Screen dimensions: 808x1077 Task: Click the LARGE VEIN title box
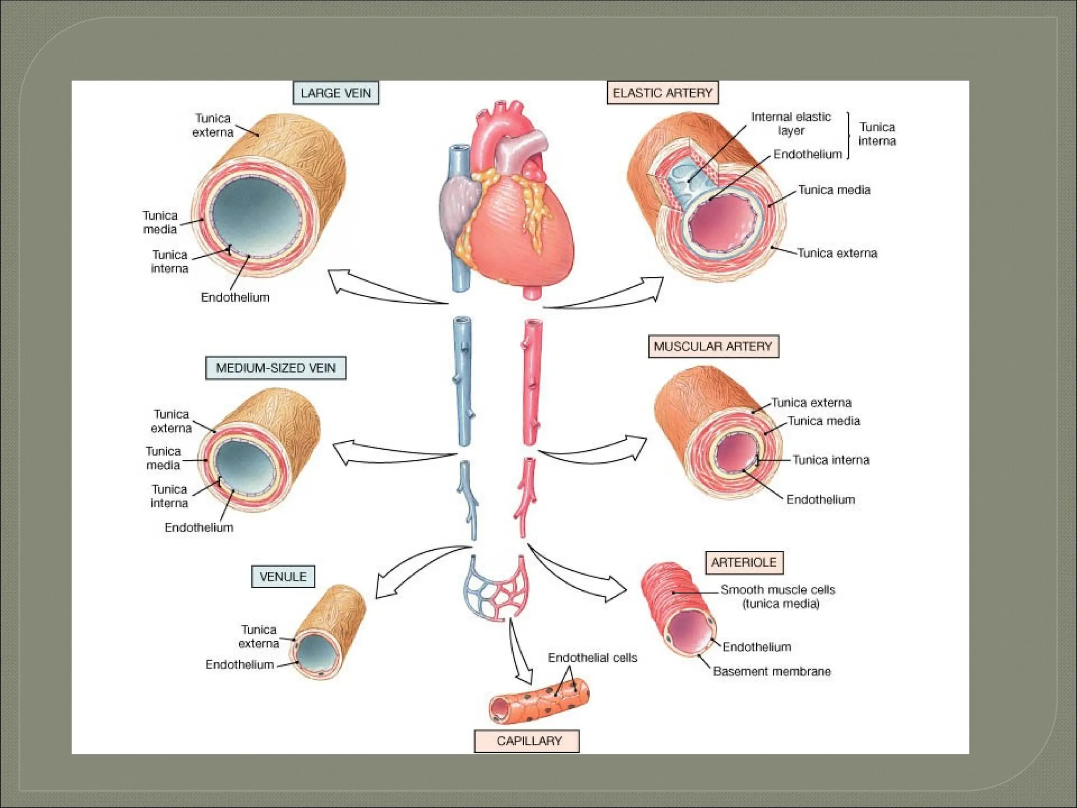(336, 93)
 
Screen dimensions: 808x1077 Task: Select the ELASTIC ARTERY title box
(662, 93)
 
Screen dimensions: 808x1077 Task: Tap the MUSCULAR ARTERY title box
(713, 346)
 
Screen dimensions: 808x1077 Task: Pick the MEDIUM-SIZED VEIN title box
(276, 368)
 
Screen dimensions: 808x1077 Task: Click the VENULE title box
(283, 577)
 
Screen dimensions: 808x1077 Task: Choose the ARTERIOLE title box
(744, 562)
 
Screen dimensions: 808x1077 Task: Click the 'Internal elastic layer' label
(791, 124)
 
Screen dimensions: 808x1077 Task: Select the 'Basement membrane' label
(771, 671)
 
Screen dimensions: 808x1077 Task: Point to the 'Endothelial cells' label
(592, 658)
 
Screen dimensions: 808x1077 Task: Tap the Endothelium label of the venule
(240, 665)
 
